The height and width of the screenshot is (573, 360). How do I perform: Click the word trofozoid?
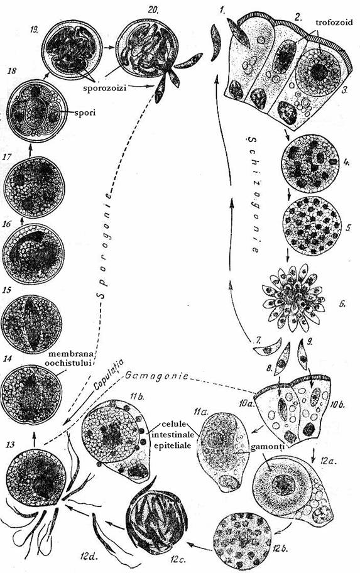pyautogui.click(x=334, y=22)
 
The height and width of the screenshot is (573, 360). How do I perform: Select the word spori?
pyautogui.click(x=85, y=113)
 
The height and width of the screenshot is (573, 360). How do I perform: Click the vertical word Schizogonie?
pyautogui.click(x=254, y=195)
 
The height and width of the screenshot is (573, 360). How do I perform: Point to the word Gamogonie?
pyautogui.click(x=157, y=376)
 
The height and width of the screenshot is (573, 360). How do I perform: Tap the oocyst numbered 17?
pyautogui.click(x=34, y=187)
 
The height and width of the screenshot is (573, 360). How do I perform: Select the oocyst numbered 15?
pyautogui.click(x=31, y=324)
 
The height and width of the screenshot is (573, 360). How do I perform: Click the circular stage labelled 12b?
pyautogui.click(x=243, y=540)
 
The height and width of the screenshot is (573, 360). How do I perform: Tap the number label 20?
pyautogui.click(x=153, y=9)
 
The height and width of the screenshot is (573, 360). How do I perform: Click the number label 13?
pyautogui.click(x=10, y=444)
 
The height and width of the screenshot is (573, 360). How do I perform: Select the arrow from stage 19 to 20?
pyautogui.click(x=109, y=47)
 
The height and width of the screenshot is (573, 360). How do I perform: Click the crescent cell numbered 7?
pyautogui.click(x=268, y=347)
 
